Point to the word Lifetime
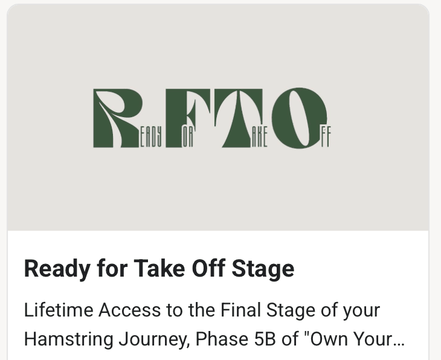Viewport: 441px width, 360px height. (x=55, y=310)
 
